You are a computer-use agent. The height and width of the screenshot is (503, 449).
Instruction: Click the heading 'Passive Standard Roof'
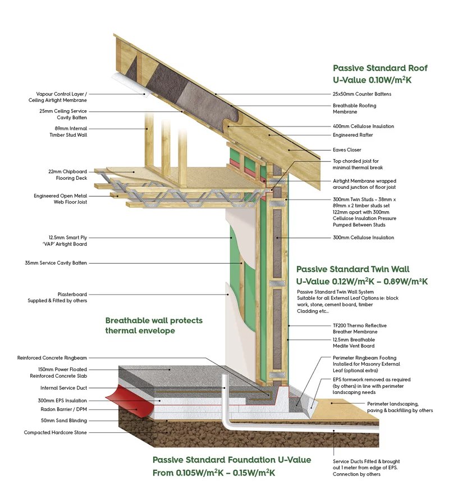[x=380, y=68]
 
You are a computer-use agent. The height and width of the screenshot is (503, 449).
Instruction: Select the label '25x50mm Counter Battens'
[x=362, y=94]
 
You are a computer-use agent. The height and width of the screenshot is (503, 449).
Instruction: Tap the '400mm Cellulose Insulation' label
[x=364, y=126]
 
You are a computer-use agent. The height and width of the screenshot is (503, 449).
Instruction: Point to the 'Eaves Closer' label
[x=346, y=150]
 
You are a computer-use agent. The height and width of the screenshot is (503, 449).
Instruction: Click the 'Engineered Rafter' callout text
[x=353, y=135]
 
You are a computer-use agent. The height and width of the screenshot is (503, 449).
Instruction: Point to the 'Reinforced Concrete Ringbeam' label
[x=53, y=357]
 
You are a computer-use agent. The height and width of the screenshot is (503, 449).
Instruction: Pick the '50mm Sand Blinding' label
[x=63, y=420]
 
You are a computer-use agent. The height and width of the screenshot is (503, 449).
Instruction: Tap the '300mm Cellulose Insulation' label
[x=363, y=238]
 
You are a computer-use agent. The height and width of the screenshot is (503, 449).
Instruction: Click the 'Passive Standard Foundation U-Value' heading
[x=231, y=460]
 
